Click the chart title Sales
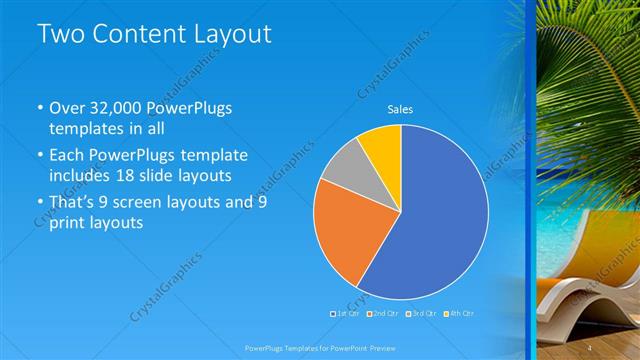[400, 109]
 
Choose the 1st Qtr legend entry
[345, 314]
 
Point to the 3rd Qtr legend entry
[418, 314]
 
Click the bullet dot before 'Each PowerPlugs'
[39, 157]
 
